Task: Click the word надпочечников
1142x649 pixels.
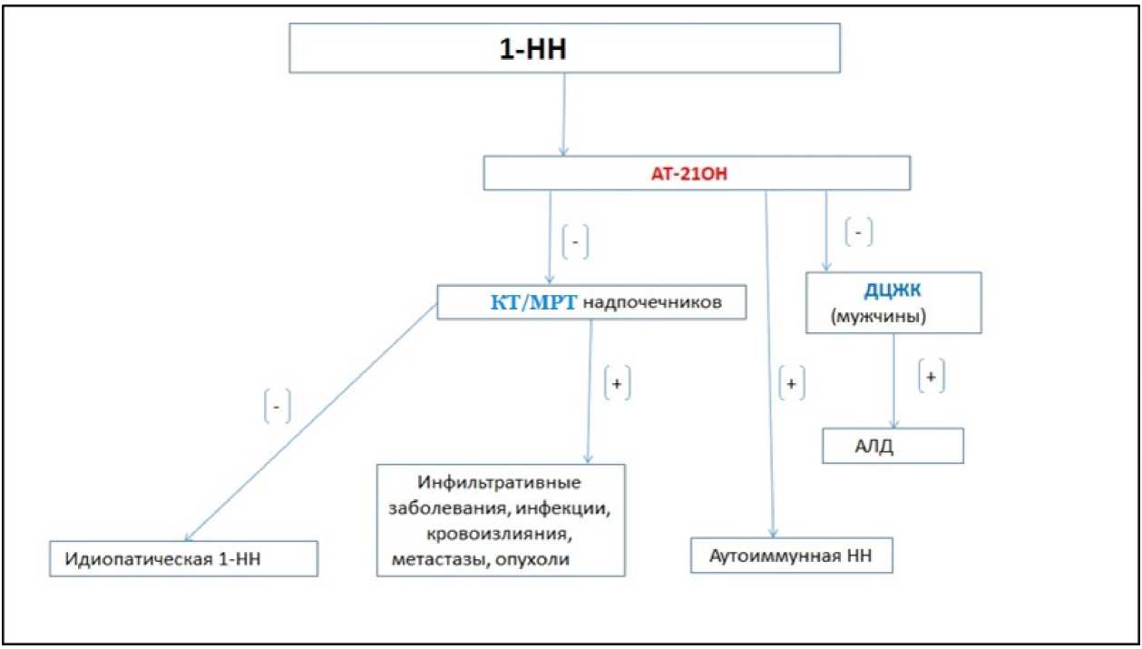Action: (x=652, y=303)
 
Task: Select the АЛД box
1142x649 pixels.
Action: (x=892, y=446)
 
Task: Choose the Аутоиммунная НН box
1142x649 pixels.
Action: (x=792, y=555)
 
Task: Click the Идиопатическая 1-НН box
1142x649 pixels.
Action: (x=184, y=558)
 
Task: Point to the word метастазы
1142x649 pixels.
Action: (x=435, y=559)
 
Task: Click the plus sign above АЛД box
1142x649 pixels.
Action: (x=931, y=376)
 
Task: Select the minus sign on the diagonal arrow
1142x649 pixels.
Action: (x=277, y=408)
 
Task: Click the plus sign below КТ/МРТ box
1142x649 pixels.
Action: (x=617, y=384)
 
